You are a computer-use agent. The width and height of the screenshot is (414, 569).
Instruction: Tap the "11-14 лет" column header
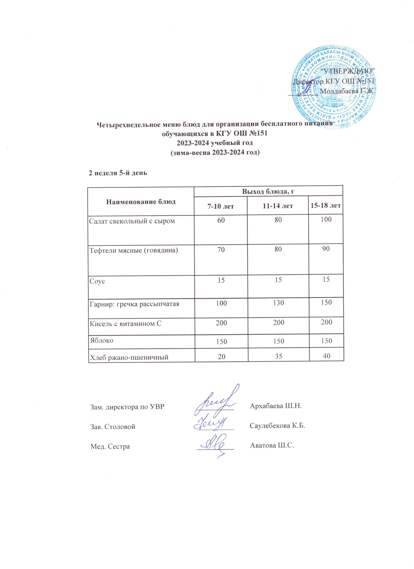277,206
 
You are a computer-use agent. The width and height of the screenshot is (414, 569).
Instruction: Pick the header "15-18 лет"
326,206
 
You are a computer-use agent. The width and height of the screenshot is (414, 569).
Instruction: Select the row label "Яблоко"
101,340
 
